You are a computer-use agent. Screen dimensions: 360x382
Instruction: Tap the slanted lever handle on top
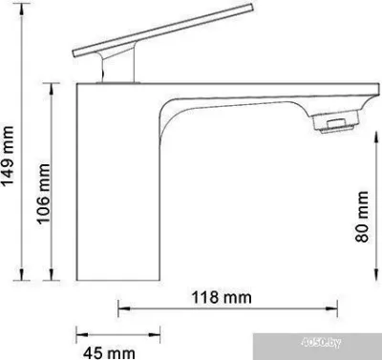click(138, 37)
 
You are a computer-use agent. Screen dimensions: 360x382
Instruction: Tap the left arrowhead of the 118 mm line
click(121, 307)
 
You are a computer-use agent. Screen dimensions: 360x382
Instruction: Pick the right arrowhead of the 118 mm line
click(338, 307)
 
